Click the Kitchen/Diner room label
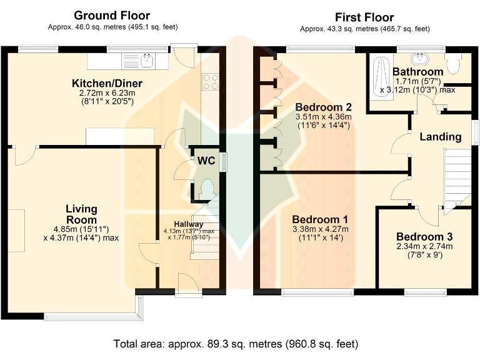click(107, 83)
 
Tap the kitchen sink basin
click(147, 61)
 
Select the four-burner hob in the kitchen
click(211, 82)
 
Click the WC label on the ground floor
click(206, 161)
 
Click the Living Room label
click(81, 214)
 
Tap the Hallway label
click(189, 224)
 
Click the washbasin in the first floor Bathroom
click(421, 59)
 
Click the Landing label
click(441, 137)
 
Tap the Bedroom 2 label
click(323, 107)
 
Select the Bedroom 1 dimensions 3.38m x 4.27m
click(320, 229)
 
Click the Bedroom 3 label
click(424, 237)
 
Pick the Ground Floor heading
click(112, 15)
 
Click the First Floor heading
click(364, 17)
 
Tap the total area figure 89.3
click(215, 344)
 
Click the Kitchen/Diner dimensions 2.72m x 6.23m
click(107, 92)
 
